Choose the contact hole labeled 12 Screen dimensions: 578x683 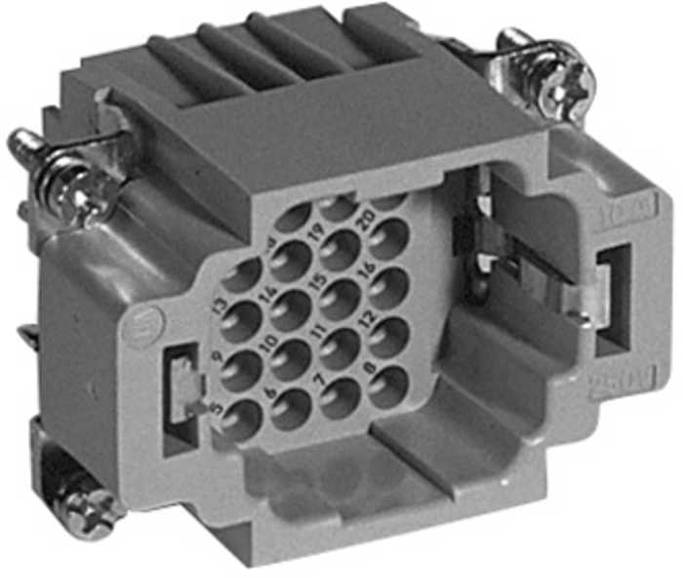coord(389,338)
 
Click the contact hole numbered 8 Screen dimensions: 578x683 coord(388,387)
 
